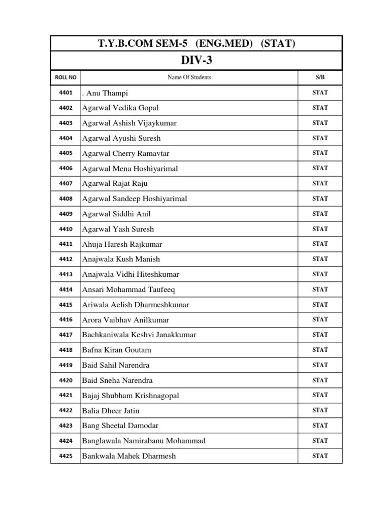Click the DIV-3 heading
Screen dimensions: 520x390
196,60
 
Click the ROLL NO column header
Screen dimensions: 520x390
66,78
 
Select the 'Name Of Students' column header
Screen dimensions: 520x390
189,78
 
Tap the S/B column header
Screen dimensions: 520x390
320,78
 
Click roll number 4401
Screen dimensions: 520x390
66,93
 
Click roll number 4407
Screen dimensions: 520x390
66,183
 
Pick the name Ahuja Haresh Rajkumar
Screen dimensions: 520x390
122,244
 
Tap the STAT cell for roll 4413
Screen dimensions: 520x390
320,274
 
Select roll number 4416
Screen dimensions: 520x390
66,320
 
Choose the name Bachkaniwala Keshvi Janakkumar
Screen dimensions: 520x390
139,335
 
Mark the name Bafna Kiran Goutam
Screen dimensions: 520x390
117,350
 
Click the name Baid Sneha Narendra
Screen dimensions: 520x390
117,380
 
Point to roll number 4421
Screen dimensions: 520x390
66,396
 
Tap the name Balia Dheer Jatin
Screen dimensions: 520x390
110,410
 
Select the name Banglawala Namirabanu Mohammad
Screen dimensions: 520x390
144,441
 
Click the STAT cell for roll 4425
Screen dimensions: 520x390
320,456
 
